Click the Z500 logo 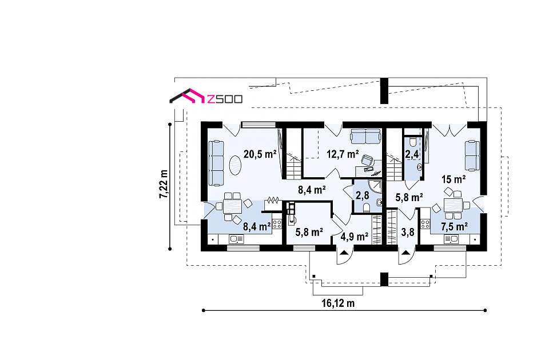point(206,96)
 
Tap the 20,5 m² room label point(260,154)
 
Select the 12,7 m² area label point(343,154)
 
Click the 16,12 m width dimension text point(338,303)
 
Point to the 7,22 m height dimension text point(164,184)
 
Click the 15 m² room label point(453,179)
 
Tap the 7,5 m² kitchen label point(455,227)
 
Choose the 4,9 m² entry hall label point(355,237)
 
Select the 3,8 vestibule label point(408,232)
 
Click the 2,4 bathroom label point(412,154)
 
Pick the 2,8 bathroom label point(363,195)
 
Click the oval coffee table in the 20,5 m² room point(235,166)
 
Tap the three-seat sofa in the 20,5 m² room point(216,163)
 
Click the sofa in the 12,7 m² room point(365,137)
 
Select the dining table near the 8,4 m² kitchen point(233,206)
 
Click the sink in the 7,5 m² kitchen point(451,239)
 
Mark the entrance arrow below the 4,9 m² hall point(344,253)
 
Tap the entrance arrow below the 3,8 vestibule point(406,253)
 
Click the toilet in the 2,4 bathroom point(413,141)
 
